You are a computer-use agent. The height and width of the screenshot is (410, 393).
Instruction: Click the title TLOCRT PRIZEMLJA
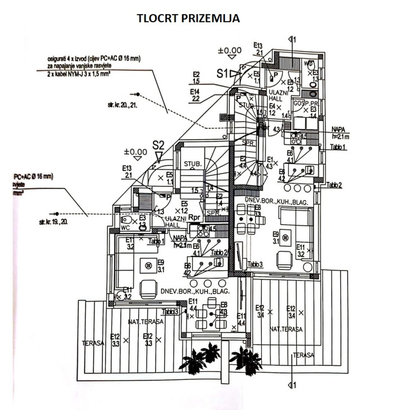(188, 18)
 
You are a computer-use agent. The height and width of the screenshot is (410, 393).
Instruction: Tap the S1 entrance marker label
(222, 73)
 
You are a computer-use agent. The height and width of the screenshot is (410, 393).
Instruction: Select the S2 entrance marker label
(158, 145)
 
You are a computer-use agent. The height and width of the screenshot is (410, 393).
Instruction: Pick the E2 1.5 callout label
(196, 78)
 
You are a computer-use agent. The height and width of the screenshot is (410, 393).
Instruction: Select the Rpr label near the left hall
(194, 218)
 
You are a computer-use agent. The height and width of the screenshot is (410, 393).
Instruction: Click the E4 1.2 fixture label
(272, 109)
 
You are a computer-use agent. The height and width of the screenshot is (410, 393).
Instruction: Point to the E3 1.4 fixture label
(313, 112)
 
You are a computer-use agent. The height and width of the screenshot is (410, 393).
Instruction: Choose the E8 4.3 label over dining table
(224, 308)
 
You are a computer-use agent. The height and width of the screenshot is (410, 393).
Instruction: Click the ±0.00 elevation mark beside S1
(230, 50)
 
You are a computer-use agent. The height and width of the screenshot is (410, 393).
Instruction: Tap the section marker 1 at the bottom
(291, 385)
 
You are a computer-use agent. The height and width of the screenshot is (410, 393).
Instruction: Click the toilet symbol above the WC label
(128, 219)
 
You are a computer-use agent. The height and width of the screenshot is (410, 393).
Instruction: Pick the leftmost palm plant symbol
(193, 361)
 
